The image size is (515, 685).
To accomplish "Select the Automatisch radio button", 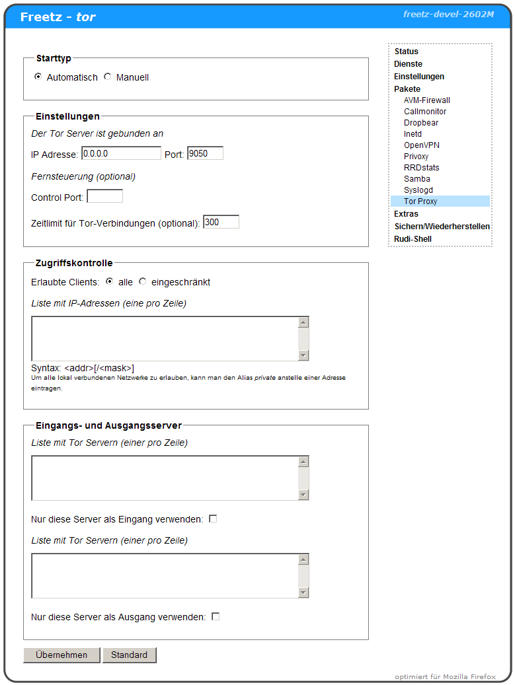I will coord(38,77).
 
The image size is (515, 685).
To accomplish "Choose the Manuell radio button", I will coord(108,77).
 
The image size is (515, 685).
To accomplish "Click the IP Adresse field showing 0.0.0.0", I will coord(121,153).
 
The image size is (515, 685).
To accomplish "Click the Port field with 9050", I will coord(205,153).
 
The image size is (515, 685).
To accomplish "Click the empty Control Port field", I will coord(104,196).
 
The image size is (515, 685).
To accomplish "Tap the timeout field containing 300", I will coord(221,222).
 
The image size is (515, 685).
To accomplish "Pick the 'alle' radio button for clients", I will coord(110,281).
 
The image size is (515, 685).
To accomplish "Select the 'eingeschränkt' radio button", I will coord(143,281).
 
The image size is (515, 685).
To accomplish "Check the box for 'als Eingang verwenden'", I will coord(213,519).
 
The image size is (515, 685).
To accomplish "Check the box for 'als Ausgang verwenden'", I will coord(216,617).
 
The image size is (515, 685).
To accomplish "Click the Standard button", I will coord(130,655).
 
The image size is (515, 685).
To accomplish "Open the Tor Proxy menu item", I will coord(420,201).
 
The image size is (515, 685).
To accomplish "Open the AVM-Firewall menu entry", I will coord(427,100).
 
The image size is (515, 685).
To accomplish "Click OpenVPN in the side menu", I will coord(422,145).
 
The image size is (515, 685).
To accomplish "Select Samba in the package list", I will coord(417,179).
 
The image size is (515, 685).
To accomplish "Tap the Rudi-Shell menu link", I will coord(413,239).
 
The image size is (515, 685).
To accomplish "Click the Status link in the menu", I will coord(407,52).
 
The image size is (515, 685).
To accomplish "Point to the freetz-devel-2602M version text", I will coord(449,14).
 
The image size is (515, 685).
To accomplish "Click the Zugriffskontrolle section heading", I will coord(74,263).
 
